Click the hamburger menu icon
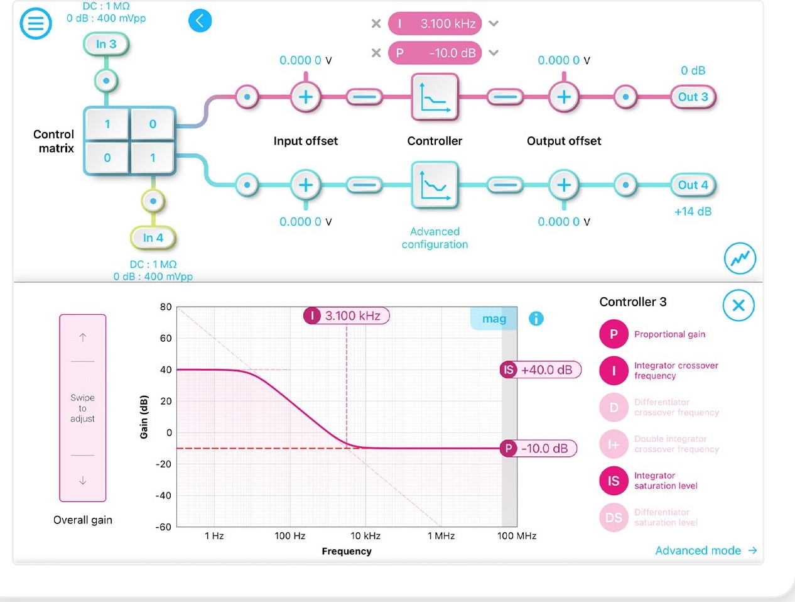tap(36, 24)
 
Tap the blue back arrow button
tap(200, 21)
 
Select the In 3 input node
tap(106, 44)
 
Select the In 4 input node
tap(153, 238)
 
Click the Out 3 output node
tap(693, 97)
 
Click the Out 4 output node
tap(693, 185)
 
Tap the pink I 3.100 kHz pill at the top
tap(435, 24)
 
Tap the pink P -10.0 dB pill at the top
tap(435, 53)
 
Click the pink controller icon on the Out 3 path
tap(435, 97)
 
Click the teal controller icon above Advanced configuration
tap(435, 185)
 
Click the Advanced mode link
tap(705, 550)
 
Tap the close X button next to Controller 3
tap(738, 305)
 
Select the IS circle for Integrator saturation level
tap(614, 481)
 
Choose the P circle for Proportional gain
tap(614, 334)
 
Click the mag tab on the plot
tap(494, 319)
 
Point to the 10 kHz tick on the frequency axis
tap(365, 535)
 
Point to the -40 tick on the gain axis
tap(163, 495)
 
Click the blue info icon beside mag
tap(536, 319)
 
